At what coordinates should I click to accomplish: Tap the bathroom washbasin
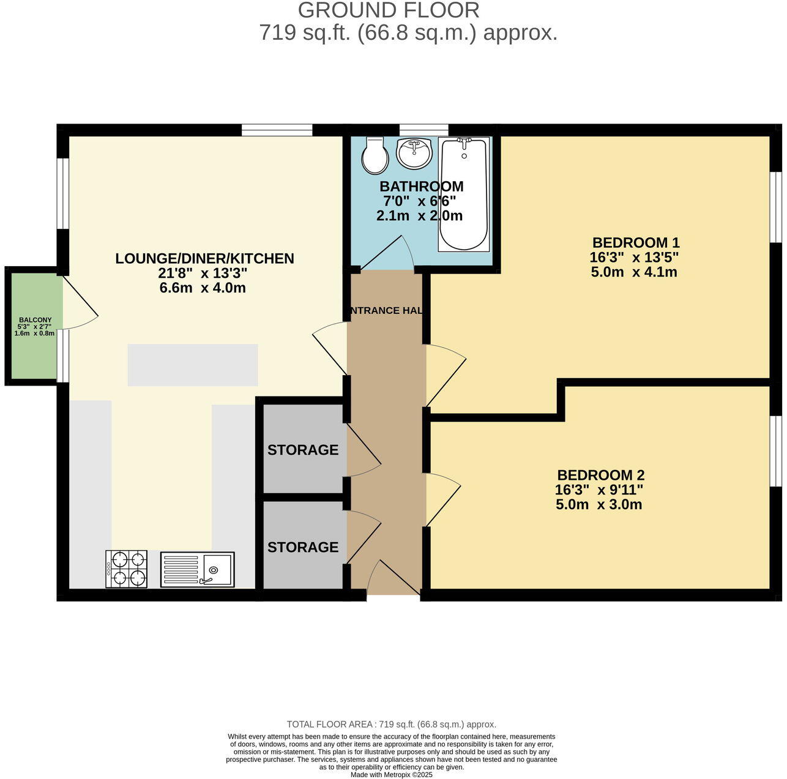pos(414,153)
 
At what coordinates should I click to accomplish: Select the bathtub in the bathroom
pos(464,194)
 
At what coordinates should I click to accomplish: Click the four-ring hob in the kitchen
pos(127,569)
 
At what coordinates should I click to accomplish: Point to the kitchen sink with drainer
pos(197,570)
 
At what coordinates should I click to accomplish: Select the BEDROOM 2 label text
pos(600,475)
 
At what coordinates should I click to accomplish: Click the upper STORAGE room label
pos(303,450)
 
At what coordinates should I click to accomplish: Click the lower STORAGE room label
pos(303,547)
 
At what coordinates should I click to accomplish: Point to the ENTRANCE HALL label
pos(386,311)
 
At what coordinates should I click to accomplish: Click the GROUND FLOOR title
pos(389,10)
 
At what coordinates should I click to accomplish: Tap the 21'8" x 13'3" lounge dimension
pos(203,273)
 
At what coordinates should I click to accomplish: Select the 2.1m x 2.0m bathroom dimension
pos(419,215)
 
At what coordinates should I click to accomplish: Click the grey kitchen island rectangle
pos(192,365)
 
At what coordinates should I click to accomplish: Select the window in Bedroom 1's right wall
pos(775,207)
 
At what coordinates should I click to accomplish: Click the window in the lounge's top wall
pos(277,130)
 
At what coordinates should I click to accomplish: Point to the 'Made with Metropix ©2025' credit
pos(392,775)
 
